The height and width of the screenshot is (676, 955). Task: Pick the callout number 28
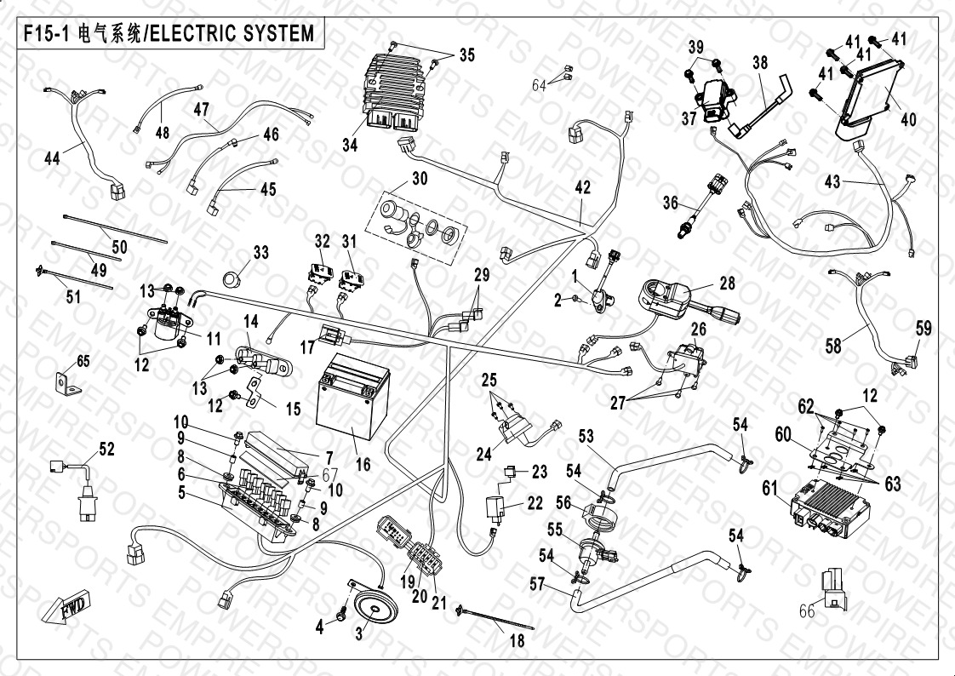coord(726,283)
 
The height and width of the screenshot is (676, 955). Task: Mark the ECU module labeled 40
coord(871,94)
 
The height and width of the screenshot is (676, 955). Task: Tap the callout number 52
coord(106,450)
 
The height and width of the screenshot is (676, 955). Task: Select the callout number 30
coord(420,179)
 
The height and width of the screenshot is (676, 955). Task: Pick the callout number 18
coord(517,642)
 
